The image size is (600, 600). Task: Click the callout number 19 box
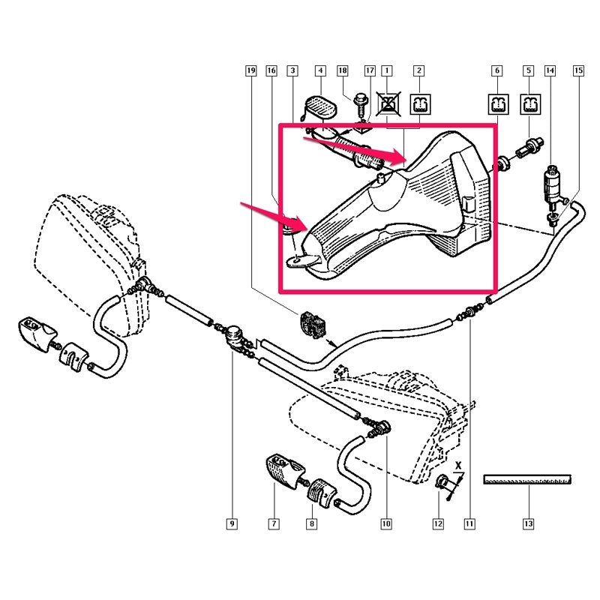click(251, 70)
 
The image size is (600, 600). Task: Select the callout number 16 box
click(271, 70)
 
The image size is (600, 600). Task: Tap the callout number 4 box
click(320, 70)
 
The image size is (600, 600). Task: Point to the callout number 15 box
click(578, 70)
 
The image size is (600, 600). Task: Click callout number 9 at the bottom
click(232, 523)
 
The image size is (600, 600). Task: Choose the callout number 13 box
click(529, 523)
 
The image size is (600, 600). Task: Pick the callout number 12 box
click(438, 523)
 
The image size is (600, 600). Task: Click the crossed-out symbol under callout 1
click(388, 104)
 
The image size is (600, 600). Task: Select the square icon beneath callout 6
click(499, 104)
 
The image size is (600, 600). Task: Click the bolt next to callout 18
click(361, 104)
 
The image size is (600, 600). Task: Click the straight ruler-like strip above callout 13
click(527, 479)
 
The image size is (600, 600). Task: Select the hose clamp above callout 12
click(442, 481)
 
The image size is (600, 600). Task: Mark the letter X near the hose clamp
click(458, 466)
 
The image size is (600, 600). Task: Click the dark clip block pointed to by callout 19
click(313, 325)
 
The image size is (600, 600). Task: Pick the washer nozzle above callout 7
click(285, 470)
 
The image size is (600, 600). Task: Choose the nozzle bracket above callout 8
click(322, 493)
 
